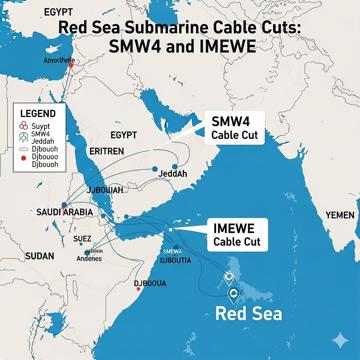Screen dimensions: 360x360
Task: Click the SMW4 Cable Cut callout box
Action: (234, 128)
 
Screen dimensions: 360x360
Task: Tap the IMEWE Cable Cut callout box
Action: (237, 235)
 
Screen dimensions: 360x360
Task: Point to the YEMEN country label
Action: (340, 215)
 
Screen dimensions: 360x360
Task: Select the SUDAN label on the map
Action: (40, 256)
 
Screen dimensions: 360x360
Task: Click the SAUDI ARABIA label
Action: (65, 212)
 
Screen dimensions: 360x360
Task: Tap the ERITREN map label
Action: (107, 151)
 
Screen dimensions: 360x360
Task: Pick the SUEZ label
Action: (82, 239)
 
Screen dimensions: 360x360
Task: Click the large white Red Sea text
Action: (248, 314)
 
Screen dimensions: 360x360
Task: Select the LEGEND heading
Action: (38, 114)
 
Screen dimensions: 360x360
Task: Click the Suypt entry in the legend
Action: (40, 126)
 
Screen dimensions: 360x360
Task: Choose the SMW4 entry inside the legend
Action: (41, 134)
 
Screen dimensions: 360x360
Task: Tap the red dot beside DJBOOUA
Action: (139, 289)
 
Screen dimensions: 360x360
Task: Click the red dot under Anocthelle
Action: (71, 65)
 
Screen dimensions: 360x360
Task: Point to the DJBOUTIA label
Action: (175, 261)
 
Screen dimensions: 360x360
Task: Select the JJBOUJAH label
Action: (105, 191)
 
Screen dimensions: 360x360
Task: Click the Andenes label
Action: (89, 259)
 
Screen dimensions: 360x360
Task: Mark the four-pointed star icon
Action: (340, 341)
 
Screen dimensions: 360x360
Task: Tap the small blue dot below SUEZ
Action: (81, 244)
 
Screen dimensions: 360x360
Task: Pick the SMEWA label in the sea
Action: (172, 251)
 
